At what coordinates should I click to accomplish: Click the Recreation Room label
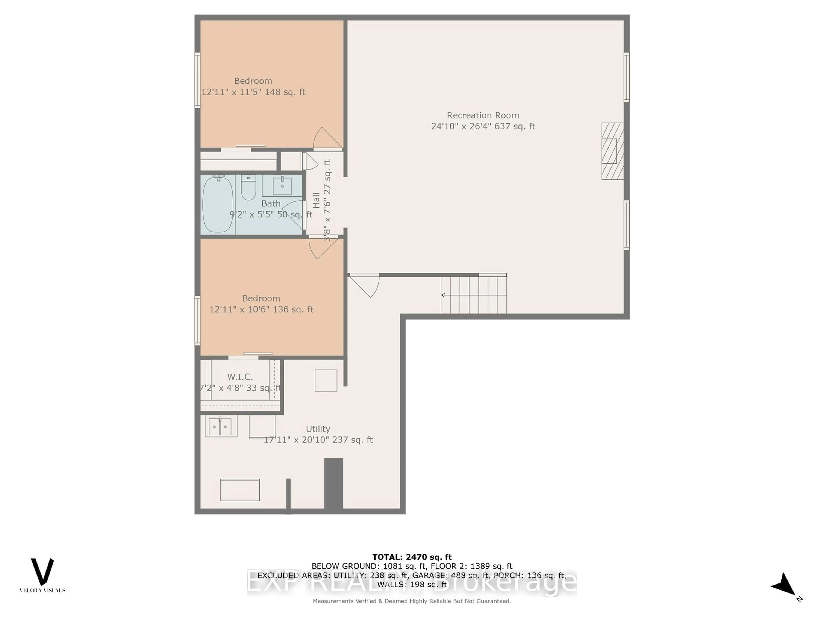pyautogui.click(x=483, y=115)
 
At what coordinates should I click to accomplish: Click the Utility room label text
pyautogui.click(x=318, y=429)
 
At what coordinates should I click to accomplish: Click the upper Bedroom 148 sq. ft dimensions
pyautogui.click(x=253, y=92)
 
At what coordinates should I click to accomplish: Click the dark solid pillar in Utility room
pyautogui.click(x=333, y=483)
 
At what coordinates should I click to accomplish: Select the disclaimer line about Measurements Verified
pyautogui.click(x=412, y=601)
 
